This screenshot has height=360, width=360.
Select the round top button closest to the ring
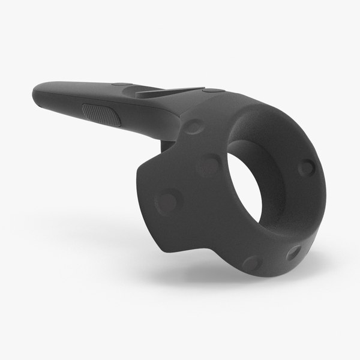[x=213, y=91]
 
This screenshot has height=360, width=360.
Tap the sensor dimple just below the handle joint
[x=193, y=126]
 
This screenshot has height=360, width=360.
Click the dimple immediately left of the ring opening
[x=209, y=163]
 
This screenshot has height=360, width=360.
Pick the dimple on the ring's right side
[x=307, y=167]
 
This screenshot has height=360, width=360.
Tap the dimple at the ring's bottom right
[x=293, y=252]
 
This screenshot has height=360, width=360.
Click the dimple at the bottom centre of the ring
[x=253, y=263]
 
